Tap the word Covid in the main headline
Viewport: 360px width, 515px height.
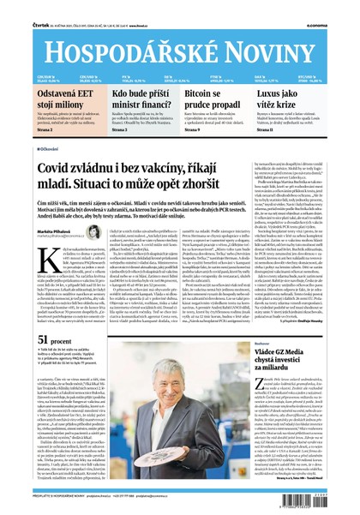coord(63,167)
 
